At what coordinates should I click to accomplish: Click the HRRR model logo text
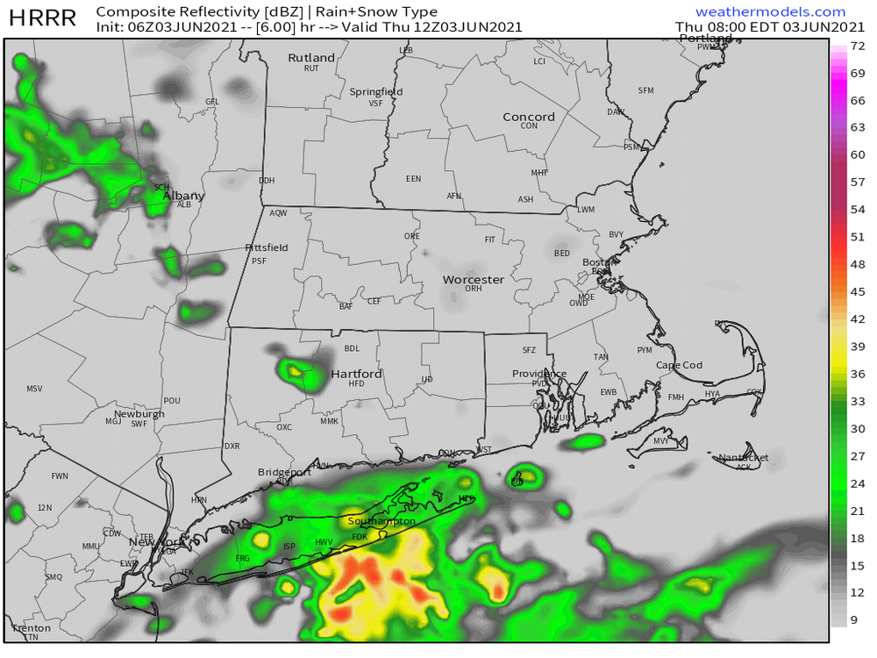(x=42, y=18)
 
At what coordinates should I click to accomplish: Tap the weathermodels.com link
(x=770, y=12)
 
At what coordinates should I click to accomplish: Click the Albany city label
(x=183, y=196)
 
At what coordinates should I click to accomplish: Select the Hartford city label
(x=356, y=374)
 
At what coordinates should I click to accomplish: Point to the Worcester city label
(x=474, y=279)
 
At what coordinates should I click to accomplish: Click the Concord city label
(x=529, y=117)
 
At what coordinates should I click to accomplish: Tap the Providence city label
(x=539, y=374)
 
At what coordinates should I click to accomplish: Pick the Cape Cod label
(x=680, y=365)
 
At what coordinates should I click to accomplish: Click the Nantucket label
(x=744, y=457)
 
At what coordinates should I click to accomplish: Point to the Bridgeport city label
(x=284, y=472)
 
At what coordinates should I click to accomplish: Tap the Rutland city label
(x=311, y=58)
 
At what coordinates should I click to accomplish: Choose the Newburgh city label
(x=139, y=413)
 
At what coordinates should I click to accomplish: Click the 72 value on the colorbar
(x=859, y=46)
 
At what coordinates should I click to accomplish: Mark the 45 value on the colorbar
(x=859, y=291)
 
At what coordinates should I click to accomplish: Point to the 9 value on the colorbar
(x=859, y=620)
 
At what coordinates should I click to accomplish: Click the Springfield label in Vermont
(x=376, y=92)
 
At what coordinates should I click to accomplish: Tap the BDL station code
(x=352, y=348)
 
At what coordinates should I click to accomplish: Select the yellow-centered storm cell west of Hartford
(x=296, y=371)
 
